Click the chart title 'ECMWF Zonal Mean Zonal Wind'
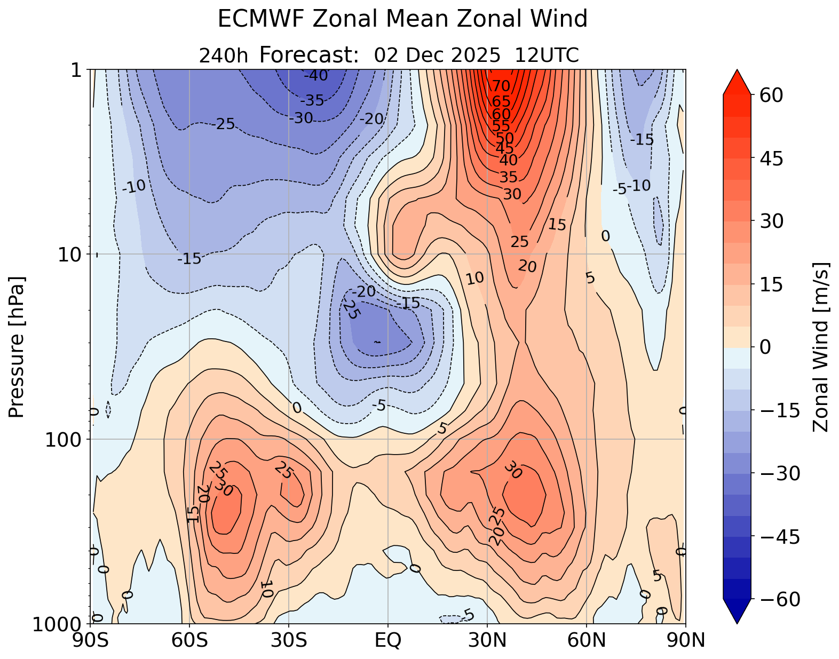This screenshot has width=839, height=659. point(402,20)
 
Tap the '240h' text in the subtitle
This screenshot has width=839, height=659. point(224,55)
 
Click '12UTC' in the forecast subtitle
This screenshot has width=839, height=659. point(547,55)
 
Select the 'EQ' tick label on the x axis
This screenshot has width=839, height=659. point(388,640)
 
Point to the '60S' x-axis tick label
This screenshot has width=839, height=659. point(189,640)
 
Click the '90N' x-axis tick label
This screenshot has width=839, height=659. point(685,640)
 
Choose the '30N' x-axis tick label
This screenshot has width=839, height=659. point(487,640)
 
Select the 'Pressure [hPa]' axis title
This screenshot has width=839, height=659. point(17,347)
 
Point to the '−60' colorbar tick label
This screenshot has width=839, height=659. point(781,600)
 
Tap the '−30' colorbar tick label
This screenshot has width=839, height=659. point(781,474)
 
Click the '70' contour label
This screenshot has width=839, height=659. point(501,86)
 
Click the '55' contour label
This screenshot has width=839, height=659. point(501,126)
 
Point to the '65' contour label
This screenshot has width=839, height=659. point(501,101)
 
